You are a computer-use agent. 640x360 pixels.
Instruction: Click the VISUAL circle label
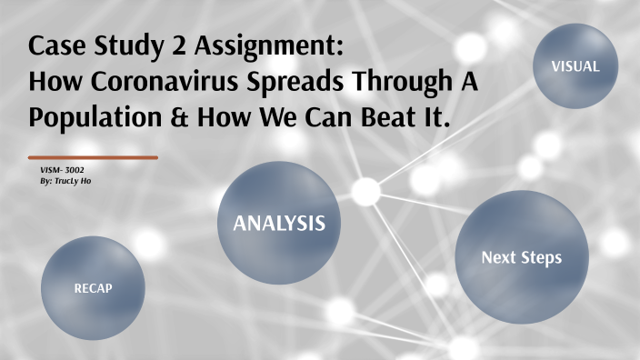[575, 66]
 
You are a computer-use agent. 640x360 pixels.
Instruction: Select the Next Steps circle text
[521, 257]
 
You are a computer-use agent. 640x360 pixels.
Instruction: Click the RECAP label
[94, 288]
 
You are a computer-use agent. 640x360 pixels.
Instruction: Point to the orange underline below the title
[93, 157]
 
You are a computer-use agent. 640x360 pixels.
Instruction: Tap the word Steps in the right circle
[539, 257]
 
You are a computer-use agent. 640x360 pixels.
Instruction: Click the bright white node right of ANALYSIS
[365, 191]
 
